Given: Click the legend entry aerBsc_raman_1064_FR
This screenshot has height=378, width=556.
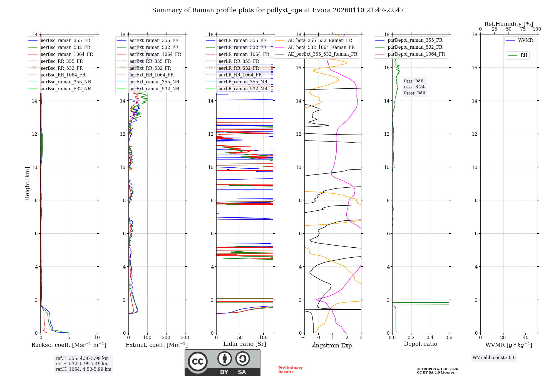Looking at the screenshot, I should (x=67, y=54).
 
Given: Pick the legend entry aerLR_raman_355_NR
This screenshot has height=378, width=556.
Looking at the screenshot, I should (x=243, y=82).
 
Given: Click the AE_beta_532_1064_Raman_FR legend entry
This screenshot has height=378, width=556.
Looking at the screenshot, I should (x=321, y=47).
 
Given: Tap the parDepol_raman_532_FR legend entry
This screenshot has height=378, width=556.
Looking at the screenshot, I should (x=415, y=47).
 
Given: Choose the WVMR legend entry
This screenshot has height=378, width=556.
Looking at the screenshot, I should (x=525, y=40).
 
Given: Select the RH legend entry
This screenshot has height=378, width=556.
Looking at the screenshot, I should (x=524, y=55).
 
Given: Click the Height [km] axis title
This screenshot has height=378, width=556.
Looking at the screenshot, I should (x=27, y=183).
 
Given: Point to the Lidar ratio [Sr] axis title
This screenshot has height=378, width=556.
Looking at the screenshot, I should (x=244, y=344).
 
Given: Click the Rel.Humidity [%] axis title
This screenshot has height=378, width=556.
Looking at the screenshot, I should (x=508, y=24).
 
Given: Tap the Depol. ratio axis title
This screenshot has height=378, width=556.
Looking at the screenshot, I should (x=420, y=344).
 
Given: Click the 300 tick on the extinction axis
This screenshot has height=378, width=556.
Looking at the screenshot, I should (x=185, y=338).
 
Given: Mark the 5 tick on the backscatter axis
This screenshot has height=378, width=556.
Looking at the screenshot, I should (x=69, y=338).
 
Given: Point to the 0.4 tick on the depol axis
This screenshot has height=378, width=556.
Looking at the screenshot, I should (x=430, y=338).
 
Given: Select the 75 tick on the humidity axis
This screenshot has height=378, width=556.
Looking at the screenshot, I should (x=523, y=29).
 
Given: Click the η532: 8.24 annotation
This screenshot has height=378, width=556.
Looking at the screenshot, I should (x=414, y=87).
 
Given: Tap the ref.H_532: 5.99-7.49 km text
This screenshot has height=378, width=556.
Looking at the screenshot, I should (x=82, y=364).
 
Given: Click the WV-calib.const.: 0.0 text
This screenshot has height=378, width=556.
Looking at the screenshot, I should (x=494, y=358).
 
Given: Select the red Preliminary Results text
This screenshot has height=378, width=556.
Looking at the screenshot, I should (x=290, y=370).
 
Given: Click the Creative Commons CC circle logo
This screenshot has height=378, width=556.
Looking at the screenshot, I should (x=198, y=361).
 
